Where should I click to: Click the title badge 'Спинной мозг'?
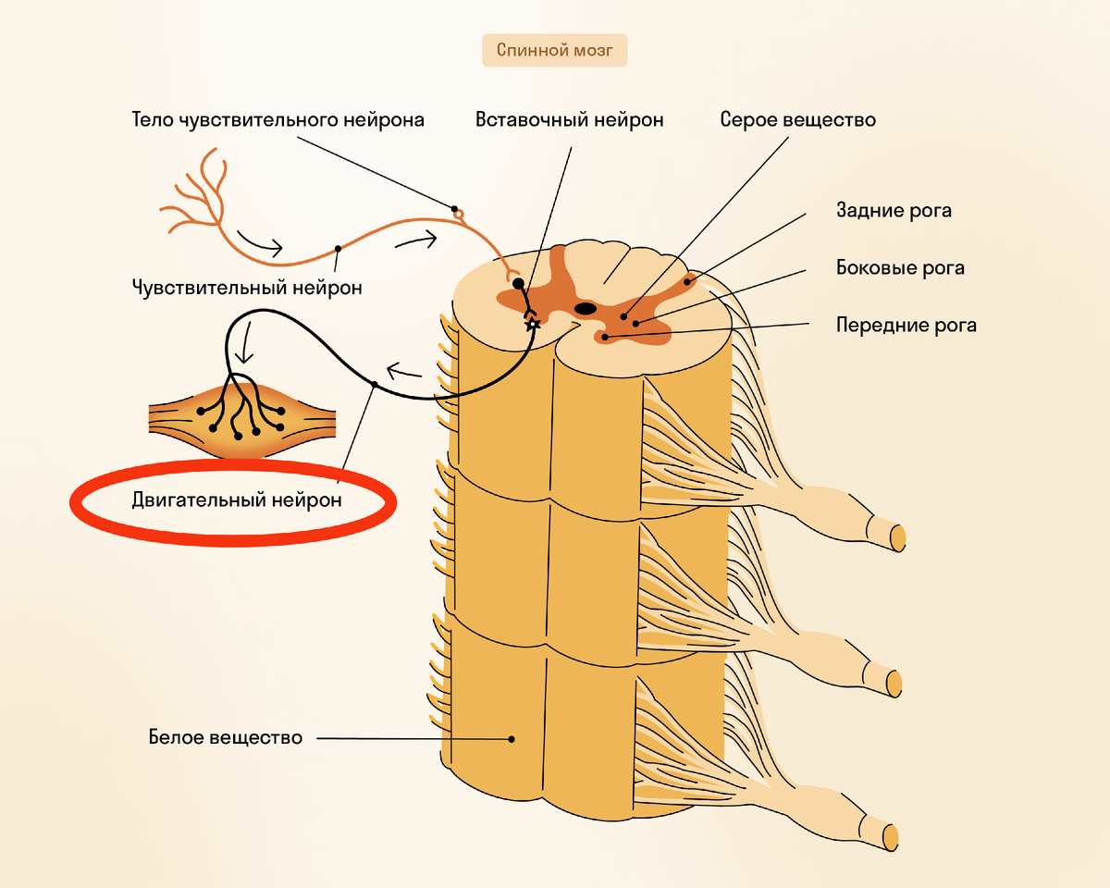pyautogui.click(x=554, y=50)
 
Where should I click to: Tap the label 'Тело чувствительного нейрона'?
pyautogui.click(x=278, y=120)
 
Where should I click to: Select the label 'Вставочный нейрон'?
pyautogui.click(x=570, y=120)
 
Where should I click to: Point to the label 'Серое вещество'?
pyautogui.click(x=798, y=120)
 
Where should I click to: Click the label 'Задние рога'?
pyautogui.click(x=893, y=211)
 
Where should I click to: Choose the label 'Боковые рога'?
pyautogui.click(x=899, y=268)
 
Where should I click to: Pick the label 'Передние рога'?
pyautogui.click(x=906, y=326)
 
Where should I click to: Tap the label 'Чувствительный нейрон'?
pyautogui.click(x=247, y=288)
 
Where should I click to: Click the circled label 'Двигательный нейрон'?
pyautogui.click(x=237, y=500)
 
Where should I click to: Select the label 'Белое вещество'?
pyautogui.click(x=226, y=738)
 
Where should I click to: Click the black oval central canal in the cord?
pyautogui.click(x=586, y=308)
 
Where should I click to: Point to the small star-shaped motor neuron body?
pyautogui.click(x=532, y=324)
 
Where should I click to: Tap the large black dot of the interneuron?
pyautogui.click(x=518, y=284)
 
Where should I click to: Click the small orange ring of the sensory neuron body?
pyautogui.click(x=458, y=216)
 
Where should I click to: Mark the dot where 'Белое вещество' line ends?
pyautogui.click(x=511, y=739)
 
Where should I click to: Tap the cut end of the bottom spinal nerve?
pyautogui.click(x=890, y=835)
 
